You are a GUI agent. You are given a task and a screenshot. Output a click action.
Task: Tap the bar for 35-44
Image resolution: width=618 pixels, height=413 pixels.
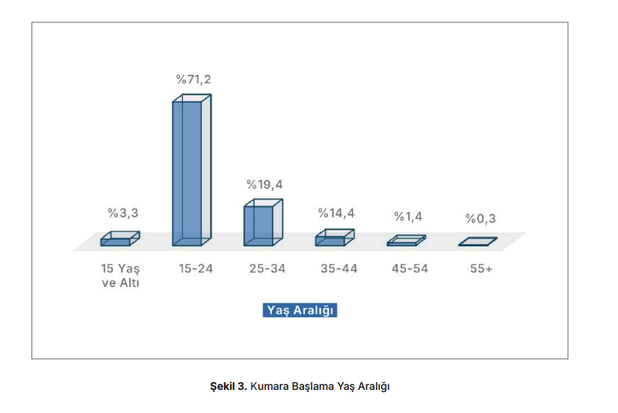[x=334, y=238]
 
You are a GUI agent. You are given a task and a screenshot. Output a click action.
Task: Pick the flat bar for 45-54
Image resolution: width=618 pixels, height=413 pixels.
[x=405, y=241]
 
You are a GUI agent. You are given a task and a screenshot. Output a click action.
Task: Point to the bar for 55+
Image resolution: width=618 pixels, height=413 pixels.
[x=477, y=241]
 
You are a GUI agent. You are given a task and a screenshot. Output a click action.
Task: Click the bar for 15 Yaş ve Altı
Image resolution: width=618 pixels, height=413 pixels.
[x=120, y=239]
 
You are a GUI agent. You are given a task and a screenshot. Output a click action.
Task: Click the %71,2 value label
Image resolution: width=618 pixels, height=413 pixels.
[x=193, y=79]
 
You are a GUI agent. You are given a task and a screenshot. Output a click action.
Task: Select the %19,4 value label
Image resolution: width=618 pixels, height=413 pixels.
[x=264, y=185]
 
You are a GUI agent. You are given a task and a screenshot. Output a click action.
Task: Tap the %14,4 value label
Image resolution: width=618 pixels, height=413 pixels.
[x=336, y=213]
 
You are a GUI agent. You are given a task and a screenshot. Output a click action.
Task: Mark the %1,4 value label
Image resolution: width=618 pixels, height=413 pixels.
[x=408, y=217]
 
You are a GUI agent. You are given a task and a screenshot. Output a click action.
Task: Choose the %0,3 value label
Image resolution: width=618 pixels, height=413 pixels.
[x=480, y=219]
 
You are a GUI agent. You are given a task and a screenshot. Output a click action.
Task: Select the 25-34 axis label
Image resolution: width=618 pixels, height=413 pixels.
[x=267, y=269]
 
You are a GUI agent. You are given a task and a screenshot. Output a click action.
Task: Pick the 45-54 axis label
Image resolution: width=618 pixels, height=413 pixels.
[x=410, y=269]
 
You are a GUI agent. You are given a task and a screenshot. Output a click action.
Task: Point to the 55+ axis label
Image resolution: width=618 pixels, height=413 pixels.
[x=481, y=269]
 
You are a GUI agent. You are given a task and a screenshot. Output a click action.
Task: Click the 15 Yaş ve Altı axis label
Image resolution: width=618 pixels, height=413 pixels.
[x=120, y=276]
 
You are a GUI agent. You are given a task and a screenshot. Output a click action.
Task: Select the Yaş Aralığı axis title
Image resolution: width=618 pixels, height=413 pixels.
[x=300, y=310]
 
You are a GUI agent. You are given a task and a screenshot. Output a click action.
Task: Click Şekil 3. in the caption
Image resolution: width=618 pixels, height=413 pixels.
[x=228, y=386]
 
